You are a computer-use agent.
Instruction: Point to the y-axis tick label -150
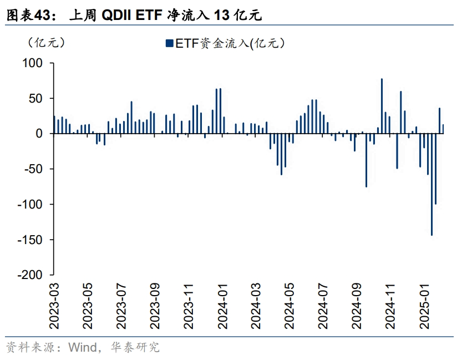[x=29, y=240]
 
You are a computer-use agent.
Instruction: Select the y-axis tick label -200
[x=29, y=275]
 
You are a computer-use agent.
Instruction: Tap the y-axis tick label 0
[x=39, y=134]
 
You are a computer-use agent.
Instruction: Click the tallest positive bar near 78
[x=382, y=106]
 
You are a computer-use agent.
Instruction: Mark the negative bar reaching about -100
[x=435, y=169]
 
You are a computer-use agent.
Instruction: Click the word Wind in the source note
[x=82, y=348]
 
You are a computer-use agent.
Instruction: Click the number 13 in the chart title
[x=221, y=16]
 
